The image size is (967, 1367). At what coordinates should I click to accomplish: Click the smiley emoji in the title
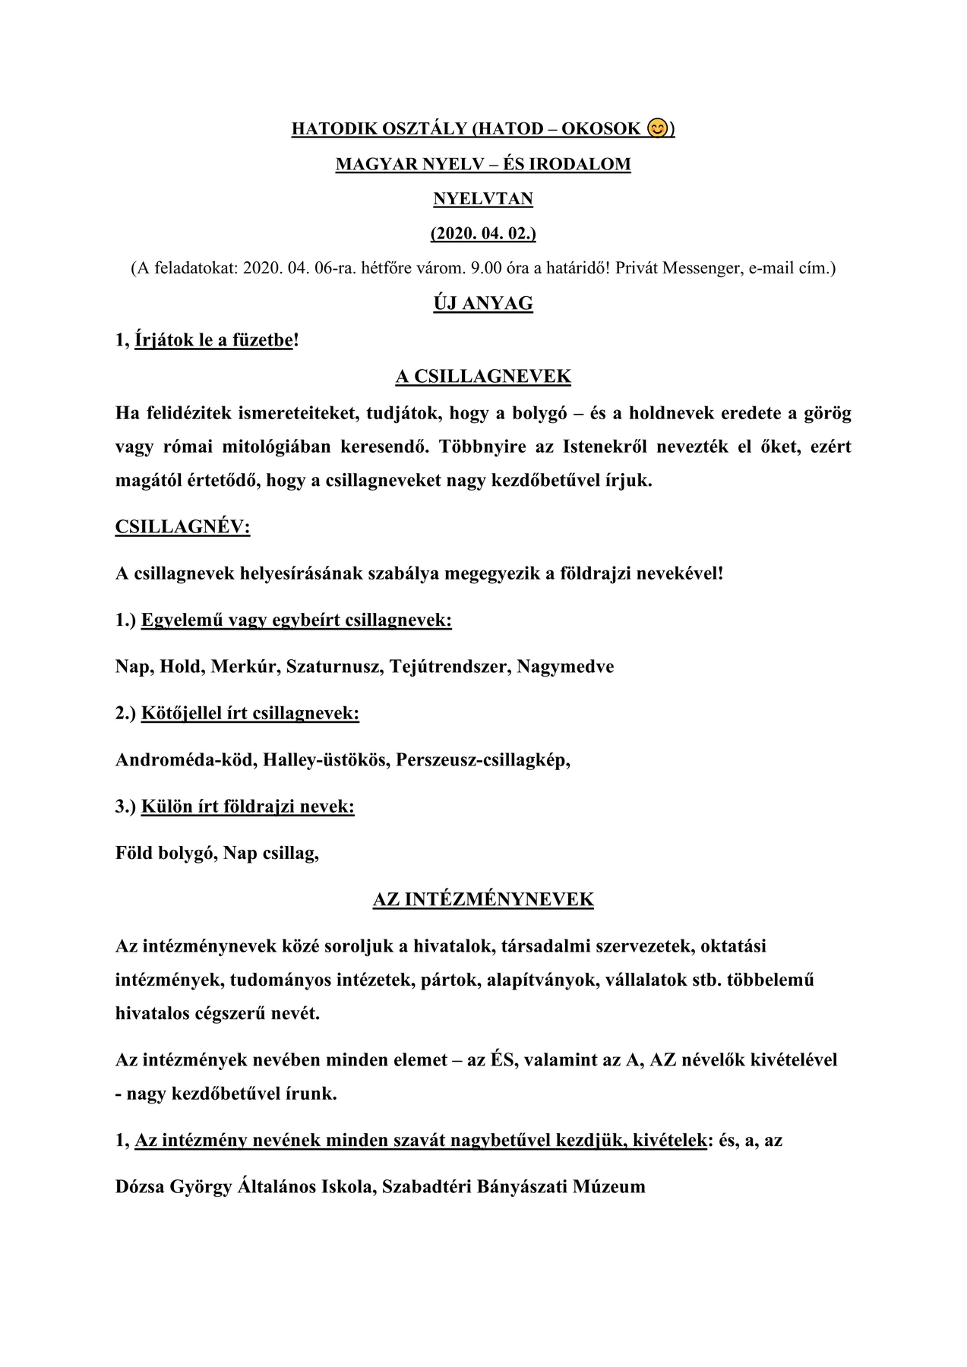(658, 128)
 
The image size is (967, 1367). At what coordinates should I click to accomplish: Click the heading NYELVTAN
(483, 199)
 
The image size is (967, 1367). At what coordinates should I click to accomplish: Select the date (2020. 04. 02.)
(483, 233)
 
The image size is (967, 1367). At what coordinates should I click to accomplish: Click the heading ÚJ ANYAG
(483, 304)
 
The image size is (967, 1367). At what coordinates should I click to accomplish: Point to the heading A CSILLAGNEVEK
(483, 377)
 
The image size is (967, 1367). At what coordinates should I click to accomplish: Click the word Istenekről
(605, 447)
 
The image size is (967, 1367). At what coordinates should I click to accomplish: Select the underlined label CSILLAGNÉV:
(182, 527)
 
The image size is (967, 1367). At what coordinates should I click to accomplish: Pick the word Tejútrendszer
(450, 667)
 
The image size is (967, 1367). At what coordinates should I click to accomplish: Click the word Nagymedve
(565, 667)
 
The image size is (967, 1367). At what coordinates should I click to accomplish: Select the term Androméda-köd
(185, 760)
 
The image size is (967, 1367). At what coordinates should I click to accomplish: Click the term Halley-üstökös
(324, 760)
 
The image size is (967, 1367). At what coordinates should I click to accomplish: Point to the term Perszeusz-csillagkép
(482, 760)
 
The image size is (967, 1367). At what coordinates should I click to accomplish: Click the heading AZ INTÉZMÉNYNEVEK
(483, 900)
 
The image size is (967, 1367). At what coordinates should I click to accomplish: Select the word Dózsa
(140, 1187)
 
